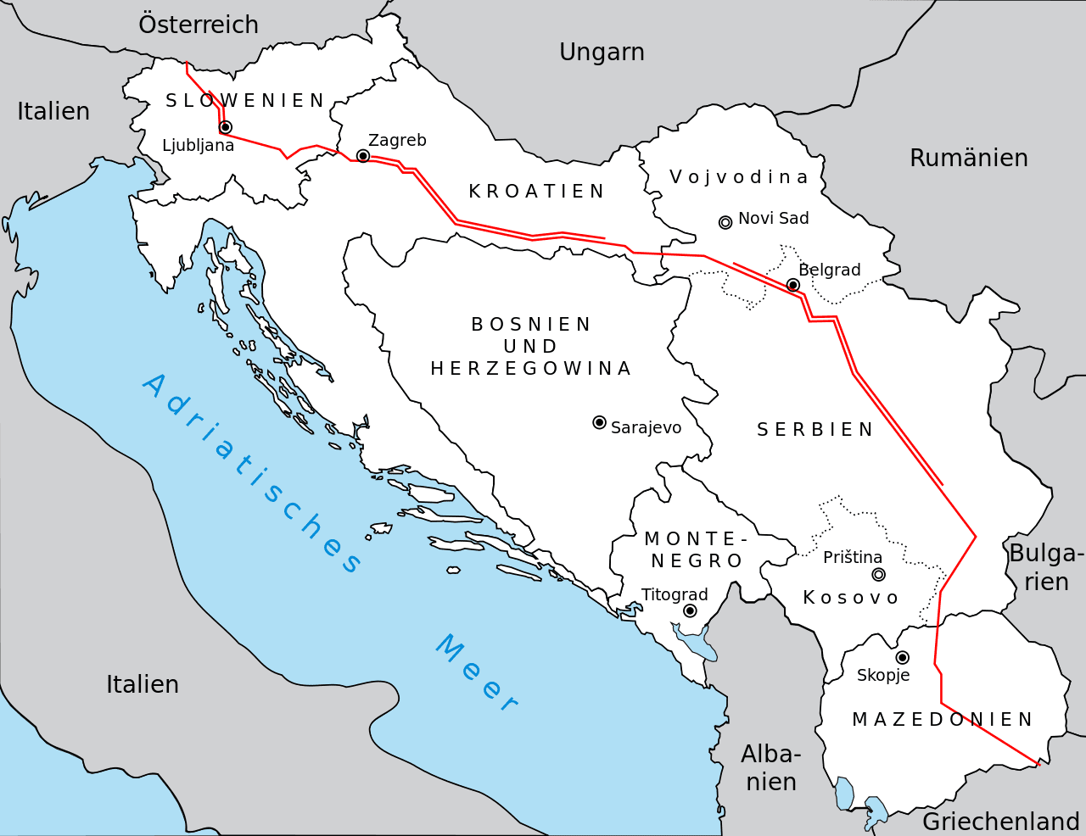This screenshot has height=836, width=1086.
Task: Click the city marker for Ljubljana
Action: pos(225,127)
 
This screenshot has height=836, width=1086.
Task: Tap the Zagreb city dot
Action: pos(363,156)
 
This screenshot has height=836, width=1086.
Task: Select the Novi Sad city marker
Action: pos(725,222)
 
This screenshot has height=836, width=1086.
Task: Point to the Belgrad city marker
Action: pos(793,285)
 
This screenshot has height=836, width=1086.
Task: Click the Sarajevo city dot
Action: pos(599,422)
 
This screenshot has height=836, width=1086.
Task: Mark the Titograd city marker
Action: pos(690,610)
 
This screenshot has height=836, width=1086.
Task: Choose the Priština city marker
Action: pos(879,574)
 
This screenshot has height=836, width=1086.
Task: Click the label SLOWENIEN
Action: pos(245,101)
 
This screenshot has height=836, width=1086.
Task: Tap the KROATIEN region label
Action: pos(537,192)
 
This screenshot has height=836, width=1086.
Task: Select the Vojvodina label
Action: pos(738,177)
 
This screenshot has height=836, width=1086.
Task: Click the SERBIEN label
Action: pos(814,430)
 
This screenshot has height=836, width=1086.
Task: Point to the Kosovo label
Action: pos(850,598)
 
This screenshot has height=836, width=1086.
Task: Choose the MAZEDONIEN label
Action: pos(942,720)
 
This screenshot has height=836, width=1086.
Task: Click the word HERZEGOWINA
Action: pos(531,369)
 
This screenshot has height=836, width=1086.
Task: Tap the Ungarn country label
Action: pos(602,53)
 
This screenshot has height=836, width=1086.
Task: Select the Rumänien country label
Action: pos(968,159)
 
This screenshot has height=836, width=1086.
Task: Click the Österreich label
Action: pos(199,25)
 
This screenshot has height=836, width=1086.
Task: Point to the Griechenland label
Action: pos(1000,822)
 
